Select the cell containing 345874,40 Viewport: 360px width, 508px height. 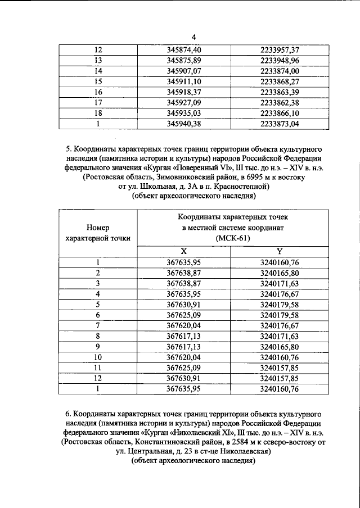(184, 51)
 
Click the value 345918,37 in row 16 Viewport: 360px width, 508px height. (184, 92)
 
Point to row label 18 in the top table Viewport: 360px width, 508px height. (98, 112)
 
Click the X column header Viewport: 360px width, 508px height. (183, 251)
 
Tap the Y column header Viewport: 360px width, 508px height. (280, 251)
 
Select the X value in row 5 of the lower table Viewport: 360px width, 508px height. (184, 304)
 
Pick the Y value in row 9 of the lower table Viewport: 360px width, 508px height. (280, 346)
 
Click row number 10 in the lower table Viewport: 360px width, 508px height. (98, 356)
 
